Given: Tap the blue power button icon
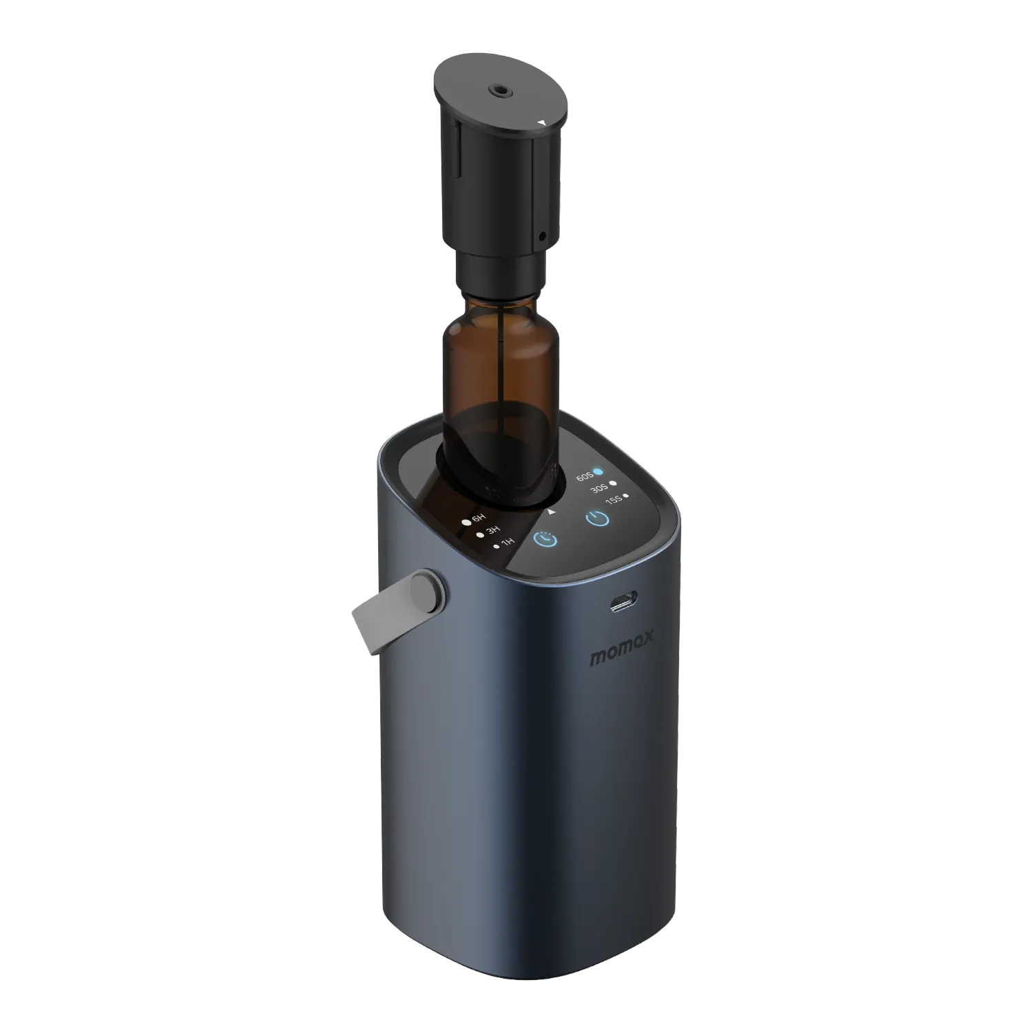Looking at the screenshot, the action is click(x=597, y=519).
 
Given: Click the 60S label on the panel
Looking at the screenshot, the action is click(x=584, y=477).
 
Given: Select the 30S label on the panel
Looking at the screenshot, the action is click(x=598, y=488).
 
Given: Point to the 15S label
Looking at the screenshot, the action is click(x=613, y=499).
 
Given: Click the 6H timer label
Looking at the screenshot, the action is click(x=479, y=519).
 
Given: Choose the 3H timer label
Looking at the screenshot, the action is click(x=493, y=531).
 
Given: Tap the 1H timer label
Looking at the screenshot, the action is click(x=508, y=543).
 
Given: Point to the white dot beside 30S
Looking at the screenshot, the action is click(x=612, y=484).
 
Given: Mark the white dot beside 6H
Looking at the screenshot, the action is click(x=467, y=522).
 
